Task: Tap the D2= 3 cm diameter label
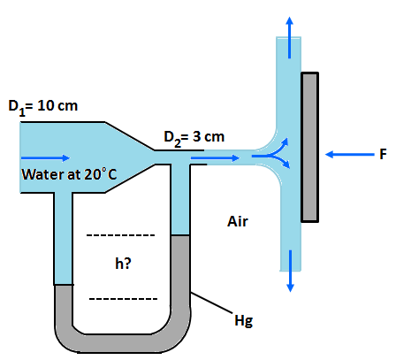pos(195,137)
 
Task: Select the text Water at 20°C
pos(68,172)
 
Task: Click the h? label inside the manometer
pos(124,263)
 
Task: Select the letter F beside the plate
pos(382,154)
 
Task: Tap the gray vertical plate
pos(309,146)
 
